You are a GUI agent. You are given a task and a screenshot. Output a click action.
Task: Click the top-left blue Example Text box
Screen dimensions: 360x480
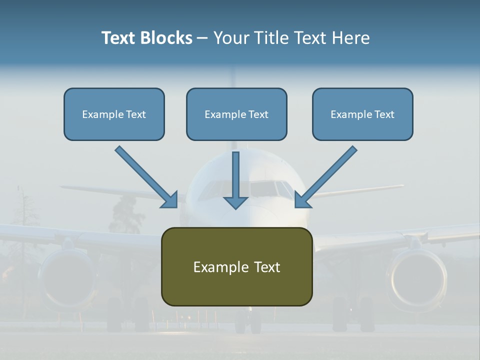114,114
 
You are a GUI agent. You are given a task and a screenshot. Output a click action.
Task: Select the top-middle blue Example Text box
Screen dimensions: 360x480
236,114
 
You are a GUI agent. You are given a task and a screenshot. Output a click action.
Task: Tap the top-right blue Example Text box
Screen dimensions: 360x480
362,114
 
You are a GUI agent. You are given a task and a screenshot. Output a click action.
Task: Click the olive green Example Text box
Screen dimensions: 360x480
236,266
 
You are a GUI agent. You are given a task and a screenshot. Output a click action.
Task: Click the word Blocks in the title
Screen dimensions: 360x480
166,38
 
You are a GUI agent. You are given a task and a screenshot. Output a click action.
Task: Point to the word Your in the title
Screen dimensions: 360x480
232,38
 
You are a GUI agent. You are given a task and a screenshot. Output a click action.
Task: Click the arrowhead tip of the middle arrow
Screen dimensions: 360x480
236,207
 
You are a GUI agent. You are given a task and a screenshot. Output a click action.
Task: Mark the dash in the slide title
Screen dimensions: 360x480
202,38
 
